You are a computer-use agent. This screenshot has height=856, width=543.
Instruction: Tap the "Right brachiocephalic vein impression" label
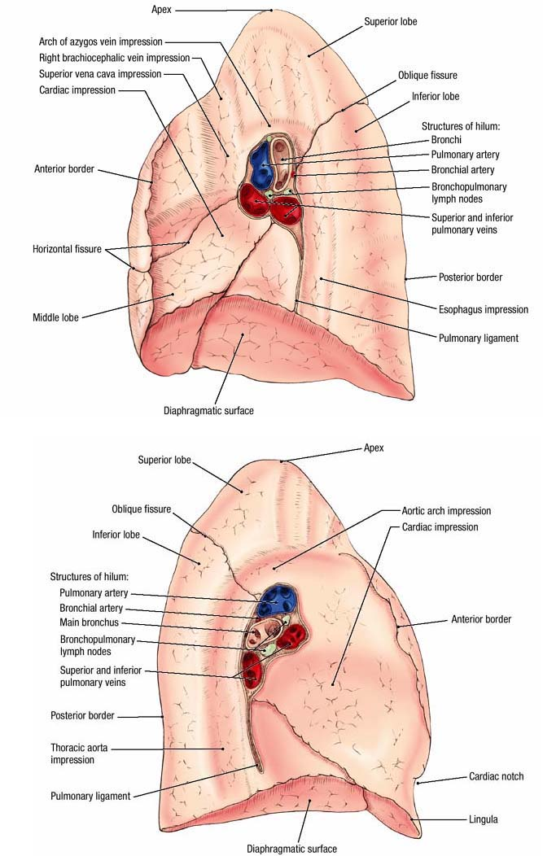click(114, 58)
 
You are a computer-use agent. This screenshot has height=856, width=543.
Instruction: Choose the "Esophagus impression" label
click(483, 309)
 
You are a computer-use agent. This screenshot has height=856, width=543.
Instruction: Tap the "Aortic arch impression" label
click(446, 511)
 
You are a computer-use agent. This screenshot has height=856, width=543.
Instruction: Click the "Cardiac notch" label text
click(496, 776)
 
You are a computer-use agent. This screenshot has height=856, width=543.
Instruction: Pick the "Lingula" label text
click(484, 819)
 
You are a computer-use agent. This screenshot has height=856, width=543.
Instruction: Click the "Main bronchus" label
click(90, 623)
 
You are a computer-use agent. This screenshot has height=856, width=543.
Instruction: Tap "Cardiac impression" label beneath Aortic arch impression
click(440, 527)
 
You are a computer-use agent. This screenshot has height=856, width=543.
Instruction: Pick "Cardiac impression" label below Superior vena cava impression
click(77, 90)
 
